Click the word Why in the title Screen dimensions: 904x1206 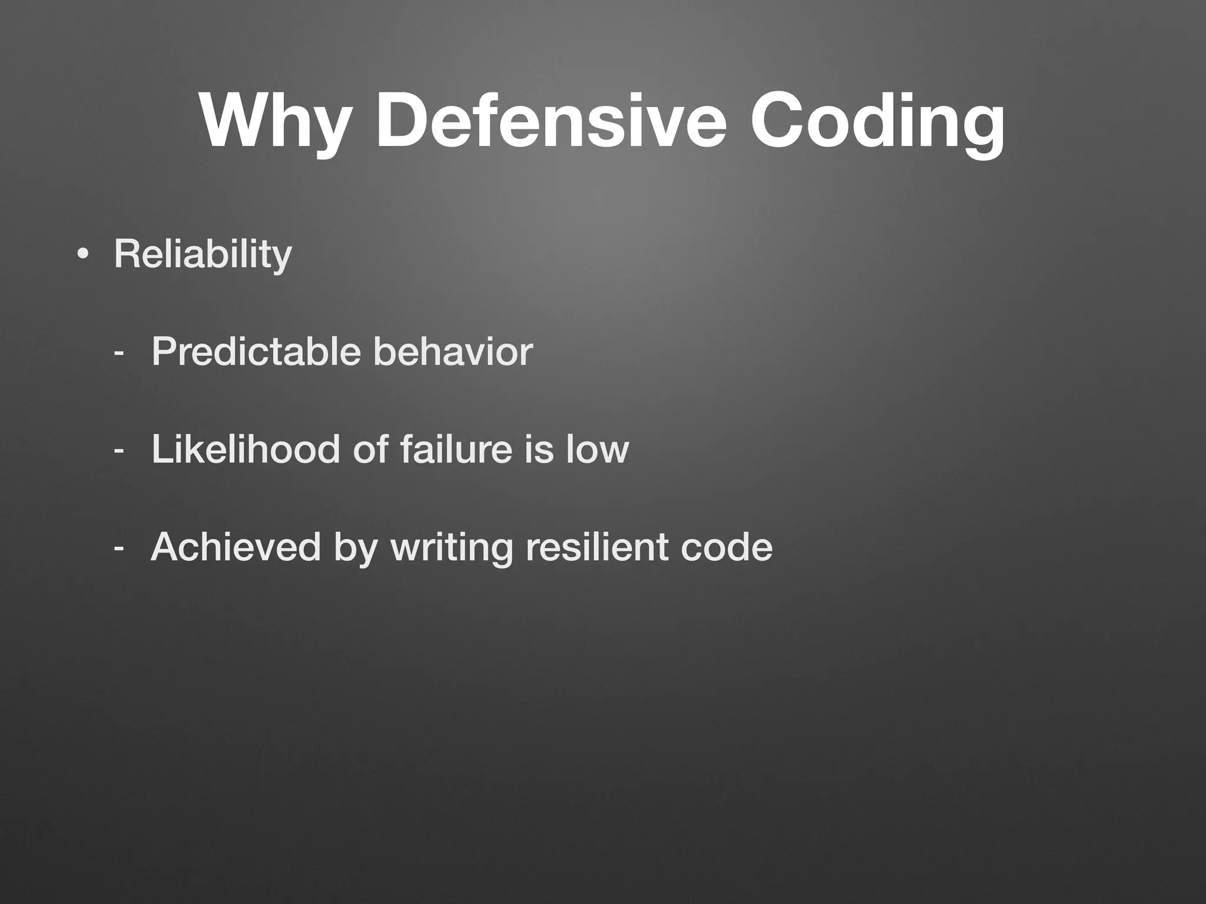[x=272, y=121]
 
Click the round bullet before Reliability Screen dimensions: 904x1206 [x=83, y=255]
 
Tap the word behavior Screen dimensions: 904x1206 [x=453, y=352]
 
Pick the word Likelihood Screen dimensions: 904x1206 [x=246, y=449]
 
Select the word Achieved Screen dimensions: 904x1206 [x=236, y=547]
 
